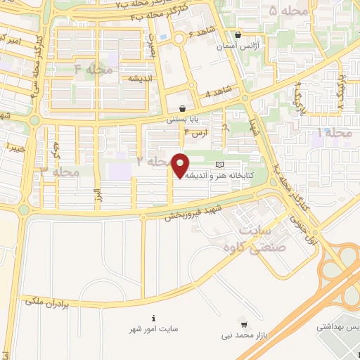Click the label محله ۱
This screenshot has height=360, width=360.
tap(335, 132)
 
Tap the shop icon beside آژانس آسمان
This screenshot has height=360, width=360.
tap(238, 34)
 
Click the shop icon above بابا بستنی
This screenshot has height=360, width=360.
tap(183, 109)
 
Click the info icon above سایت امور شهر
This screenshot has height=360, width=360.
tap(154, 317)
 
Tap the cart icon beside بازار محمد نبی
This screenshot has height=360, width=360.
tap(243, 324)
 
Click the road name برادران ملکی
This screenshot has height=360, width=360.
tap(49, 300)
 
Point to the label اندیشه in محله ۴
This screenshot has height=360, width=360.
tap(141, 79)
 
